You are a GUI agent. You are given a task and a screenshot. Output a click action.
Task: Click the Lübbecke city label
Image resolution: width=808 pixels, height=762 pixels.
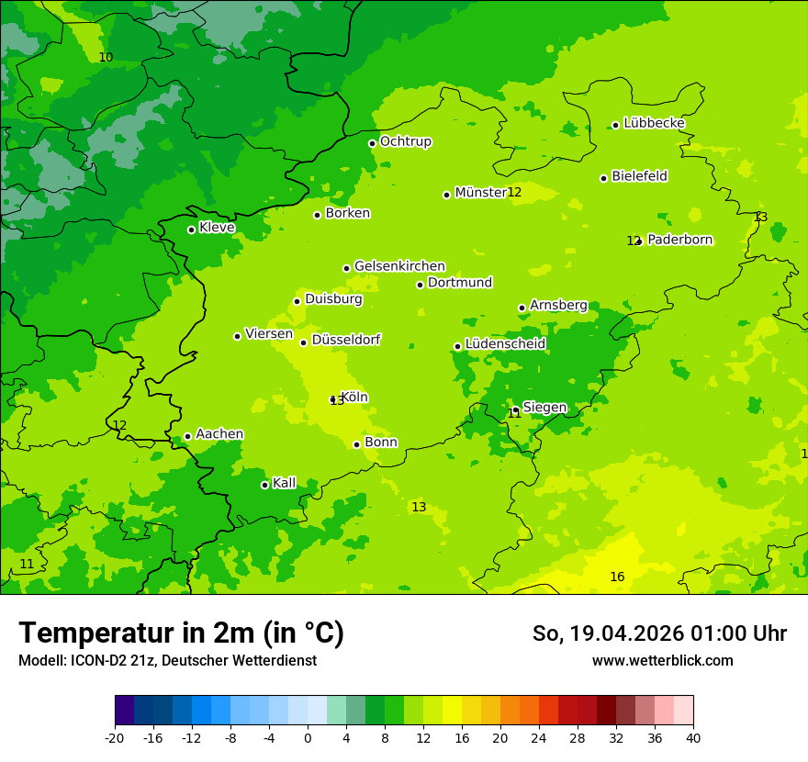click(x=654, y=123)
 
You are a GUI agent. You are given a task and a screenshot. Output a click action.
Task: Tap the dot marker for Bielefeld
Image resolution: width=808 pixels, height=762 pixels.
click(x=603, y=178)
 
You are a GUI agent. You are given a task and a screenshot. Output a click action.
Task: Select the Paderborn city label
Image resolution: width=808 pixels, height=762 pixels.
click(x=679, y=240)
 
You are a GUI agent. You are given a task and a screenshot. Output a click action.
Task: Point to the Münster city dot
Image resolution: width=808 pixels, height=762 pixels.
click(x=446, y=195)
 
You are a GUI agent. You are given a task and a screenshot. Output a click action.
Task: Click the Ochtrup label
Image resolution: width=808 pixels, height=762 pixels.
click(x=405, y=141)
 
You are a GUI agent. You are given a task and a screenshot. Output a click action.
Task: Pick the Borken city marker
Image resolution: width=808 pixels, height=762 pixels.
click(x=317, y=215)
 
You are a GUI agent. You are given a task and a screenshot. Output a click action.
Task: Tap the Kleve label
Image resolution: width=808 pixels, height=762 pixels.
click(x=217, y=227)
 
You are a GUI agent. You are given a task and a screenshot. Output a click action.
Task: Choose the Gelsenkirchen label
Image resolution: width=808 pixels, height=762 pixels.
click(x=399, y=266)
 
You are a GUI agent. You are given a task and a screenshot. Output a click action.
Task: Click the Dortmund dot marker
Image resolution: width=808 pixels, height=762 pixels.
click(x=420, y=285)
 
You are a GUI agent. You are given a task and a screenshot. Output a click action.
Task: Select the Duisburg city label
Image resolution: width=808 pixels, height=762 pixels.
click(x=333, y=299)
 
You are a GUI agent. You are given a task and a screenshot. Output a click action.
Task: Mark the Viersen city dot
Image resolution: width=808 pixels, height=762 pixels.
click(x=237, y=336)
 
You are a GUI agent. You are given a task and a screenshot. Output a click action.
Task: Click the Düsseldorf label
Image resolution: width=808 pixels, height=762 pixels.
click(x=346, y=340)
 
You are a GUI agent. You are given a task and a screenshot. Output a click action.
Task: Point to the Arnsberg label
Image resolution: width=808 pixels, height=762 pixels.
click(x=558, y=305)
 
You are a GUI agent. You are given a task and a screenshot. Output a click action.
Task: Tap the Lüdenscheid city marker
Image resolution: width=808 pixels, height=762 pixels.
click(x=457, y=346)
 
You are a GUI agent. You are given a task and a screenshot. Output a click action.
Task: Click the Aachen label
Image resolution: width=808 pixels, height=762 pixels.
click(x=219, y=434)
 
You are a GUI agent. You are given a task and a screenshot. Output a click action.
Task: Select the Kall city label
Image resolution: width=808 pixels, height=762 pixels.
click(x=285, y=483)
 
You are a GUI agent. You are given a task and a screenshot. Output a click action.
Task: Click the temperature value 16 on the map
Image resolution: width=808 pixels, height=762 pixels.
click(x=617, y=577)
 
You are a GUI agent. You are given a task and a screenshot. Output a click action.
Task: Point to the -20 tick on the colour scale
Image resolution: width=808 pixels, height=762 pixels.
click(x=115, y=737)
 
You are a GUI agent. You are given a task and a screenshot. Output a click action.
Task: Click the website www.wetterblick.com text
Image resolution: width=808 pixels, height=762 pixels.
click(x=662, y=660)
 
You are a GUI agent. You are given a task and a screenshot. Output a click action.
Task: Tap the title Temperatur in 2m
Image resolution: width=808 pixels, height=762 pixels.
click(x=181, y=633)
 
